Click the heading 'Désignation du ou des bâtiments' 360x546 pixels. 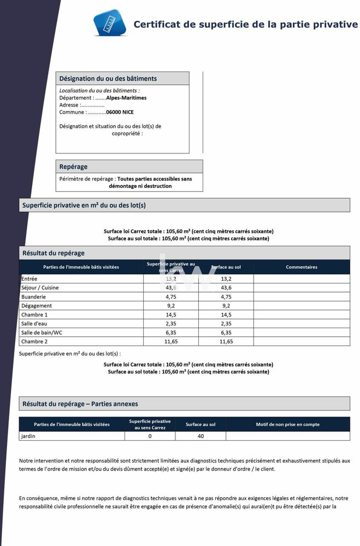click(x=108, y=79)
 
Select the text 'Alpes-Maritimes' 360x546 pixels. click(x=126, y=98)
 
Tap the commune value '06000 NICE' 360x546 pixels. click(x=120, y=112)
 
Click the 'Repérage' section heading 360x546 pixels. click(x=73, y=167)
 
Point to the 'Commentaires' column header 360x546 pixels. click(x=301, y=267)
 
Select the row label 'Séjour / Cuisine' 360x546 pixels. click(x=40, y=288)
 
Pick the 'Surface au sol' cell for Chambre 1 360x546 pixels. click(x=226, y=315)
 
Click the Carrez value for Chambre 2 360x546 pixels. click(x=171, y=342)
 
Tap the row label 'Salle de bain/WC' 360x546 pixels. click(x=42, y=333)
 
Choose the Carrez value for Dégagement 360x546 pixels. click(x=171, y=306)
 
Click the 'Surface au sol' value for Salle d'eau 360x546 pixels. click(x=226, y=324)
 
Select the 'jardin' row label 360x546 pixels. click(x=28, y=436)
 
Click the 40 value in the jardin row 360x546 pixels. click(x=200, y=436)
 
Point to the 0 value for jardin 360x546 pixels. click(x=150, y=436)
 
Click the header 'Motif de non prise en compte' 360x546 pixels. click(x=287, y=424)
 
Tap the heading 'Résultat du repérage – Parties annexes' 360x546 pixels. click(x=80, y=404)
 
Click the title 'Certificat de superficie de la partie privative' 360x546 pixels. click(x=245, y=25)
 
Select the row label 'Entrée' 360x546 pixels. click(x=29, y=279)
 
